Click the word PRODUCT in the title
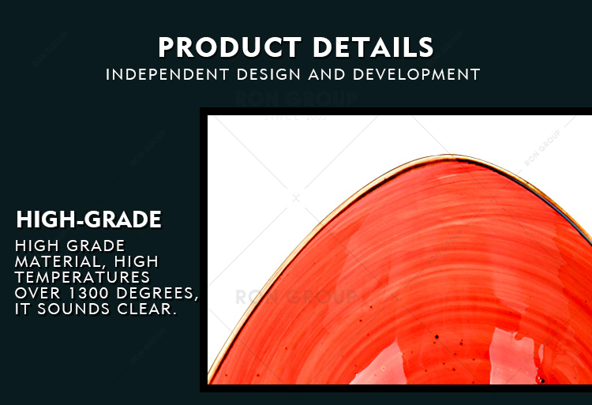pyautogui.click(x=230, y=47)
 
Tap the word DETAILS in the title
pyautogui.click(x=373, y=47)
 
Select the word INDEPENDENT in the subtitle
pyautogui.click(x=167, y=74)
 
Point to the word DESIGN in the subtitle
pyautogui.click(x=268, y=74)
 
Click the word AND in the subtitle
pyautogui.click(x=327, y=74)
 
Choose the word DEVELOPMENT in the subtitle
pyautogui.click(x=417, y=74)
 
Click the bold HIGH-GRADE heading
pyautogui.click(x=88, y=219)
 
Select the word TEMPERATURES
pyautogui.click(x=82, y=277)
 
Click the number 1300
pyautogui.click(x=88, y=293)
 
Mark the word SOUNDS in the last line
pyautogui.click(x=73, y=309)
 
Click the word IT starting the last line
pyautogui.click(x=22, y=309)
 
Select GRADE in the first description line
pyautogui.click(x=96, y=246)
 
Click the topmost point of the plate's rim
pyautogui.click(x=449, y=155)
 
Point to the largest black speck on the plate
pyautogui.click(x=437, y=336)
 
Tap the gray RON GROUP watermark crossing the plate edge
pyautogui.click(x=296, y=297)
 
